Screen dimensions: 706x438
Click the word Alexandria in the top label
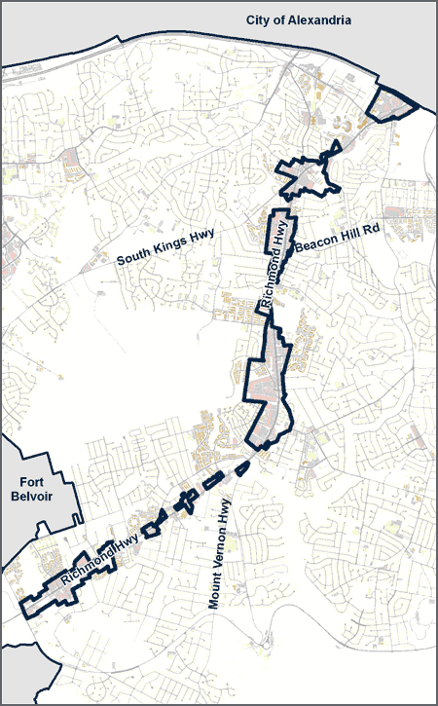[318, 19]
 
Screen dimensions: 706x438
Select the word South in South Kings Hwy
[135, 259]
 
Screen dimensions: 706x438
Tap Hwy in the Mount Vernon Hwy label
[225, 508]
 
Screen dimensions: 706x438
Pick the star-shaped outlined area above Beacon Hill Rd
[307, 176]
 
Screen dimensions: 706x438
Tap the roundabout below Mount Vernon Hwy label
[263, 640]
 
